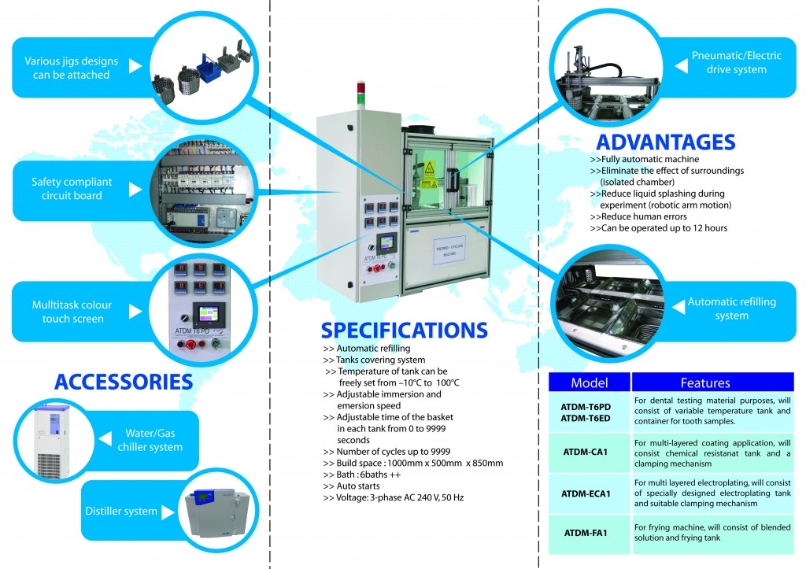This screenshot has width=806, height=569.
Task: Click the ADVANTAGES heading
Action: (666, 142)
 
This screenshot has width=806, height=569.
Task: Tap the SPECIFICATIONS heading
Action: (404, 330)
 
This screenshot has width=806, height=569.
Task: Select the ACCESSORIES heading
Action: (124, 382)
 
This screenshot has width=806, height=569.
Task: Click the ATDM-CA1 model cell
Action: (586, 453)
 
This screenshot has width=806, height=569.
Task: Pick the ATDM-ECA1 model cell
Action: (586, 494)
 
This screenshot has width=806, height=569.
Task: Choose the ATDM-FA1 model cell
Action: (586, 533)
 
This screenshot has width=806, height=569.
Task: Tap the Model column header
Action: (589, 382)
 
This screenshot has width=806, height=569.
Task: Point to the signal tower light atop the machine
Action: (361, 95)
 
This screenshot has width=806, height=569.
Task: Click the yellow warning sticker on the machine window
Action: (429, 168)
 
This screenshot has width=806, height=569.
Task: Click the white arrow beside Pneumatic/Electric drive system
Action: (681, 65)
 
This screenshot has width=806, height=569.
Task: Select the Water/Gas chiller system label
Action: (150, 440)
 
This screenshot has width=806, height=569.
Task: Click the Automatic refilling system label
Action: (731, 309)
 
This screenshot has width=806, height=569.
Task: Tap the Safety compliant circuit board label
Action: (72, 189)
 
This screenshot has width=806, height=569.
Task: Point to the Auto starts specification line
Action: (352, 486)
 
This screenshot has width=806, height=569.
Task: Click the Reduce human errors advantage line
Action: (638, 216)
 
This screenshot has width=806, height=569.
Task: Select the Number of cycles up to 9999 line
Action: (386, 452)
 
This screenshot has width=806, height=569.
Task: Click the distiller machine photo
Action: (217, 513)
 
